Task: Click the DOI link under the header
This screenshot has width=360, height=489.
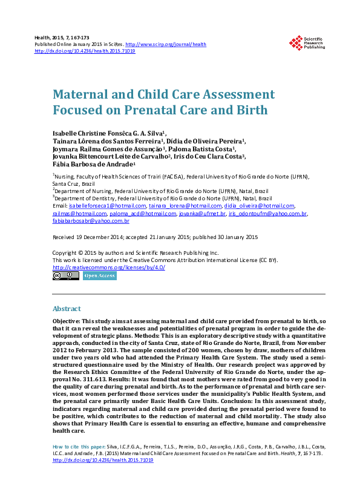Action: pos(85,51)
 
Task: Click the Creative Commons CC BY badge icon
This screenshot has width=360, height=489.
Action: pos(65,276)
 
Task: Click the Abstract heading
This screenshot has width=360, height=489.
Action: pos(67,308)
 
